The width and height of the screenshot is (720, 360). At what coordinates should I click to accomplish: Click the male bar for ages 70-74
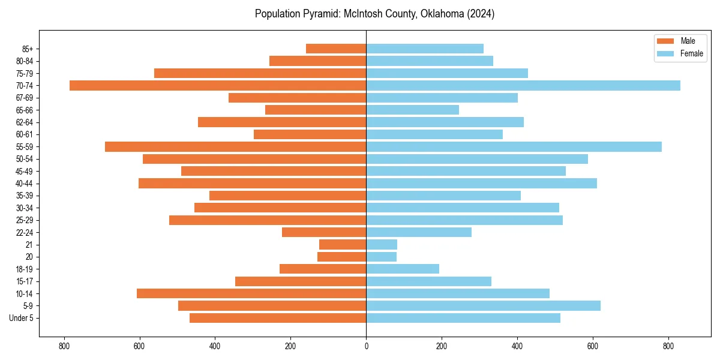tap(218, 85)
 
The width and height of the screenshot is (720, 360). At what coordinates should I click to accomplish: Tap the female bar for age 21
tap(382, 244)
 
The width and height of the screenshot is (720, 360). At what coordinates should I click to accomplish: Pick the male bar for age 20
tap(342, 257)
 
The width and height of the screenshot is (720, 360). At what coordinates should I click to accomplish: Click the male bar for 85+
tap(336, 49)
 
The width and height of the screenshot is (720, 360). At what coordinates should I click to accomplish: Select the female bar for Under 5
tap(463, 318)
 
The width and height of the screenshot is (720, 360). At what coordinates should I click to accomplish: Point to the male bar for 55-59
tap(236, 146)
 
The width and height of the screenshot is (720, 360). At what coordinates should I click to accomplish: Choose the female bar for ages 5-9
tap(483, 305)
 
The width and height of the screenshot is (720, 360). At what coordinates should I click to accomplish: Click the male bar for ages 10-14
tap(251, 293)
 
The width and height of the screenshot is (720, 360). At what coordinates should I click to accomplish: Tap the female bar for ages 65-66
tap(413, 110)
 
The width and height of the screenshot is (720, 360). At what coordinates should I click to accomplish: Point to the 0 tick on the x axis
tap(366, 346)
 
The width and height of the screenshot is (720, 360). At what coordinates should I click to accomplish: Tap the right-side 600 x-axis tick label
tap(593, 346)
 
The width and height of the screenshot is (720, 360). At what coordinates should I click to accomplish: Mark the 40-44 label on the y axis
tap(25, 184)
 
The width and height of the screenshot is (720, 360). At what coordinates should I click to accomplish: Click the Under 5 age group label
tap(22, 318)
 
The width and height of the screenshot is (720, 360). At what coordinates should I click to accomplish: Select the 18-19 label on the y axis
tap(25, 269)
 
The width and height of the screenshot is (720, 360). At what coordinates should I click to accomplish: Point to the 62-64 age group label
tap(25, 122)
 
